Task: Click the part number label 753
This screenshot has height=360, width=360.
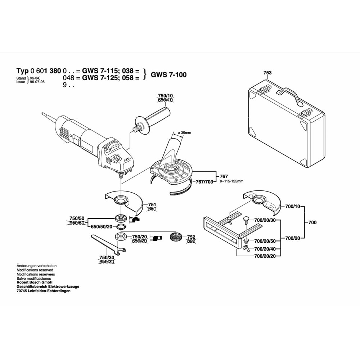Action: [267, 73]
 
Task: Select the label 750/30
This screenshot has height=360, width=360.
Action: [107, 257]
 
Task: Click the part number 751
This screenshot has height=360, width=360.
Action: [152, 204]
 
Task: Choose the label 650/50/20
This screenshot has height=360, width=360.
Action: [102, 226]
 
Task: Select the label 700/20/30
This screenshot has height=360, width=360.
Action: [265, 220]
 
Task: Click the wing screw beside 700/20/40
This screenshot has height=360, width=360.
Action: [246, 248]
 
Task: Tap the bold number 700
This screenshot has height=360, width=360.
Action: [312, 222]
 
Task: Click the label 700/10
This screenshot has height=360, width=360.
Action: [292, 206]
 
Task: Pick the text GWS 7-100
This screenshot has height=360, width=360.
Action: [168, 75]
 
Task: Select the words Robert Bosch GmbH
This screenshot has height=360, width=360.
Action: [35, 283]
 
